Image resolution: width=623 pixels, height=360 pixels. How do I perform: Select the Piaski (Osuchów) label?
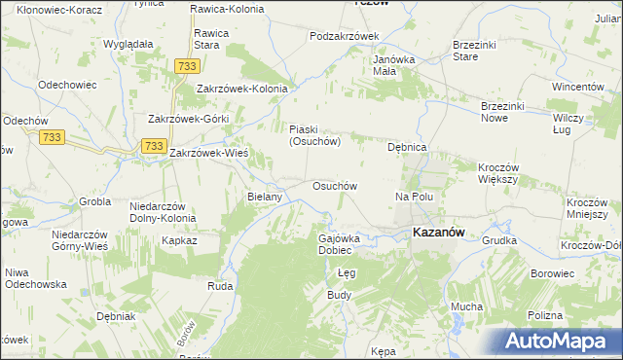tap(313, 135)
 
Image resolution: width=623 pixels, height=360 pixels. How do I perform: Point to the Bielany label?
tap(265, 197)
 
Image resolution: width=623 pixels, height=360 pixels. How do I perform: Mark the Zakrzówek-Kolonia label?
tap(242, 89)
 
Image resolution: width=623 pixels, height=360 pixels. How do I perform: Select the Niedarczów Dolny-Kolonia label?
tap(163, 212)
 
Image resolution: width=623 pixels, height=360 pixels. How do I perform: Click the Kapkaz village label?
tap(180, 239)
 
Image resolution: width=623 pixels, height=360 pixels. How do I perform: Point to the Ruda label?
tap(219, 287)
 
